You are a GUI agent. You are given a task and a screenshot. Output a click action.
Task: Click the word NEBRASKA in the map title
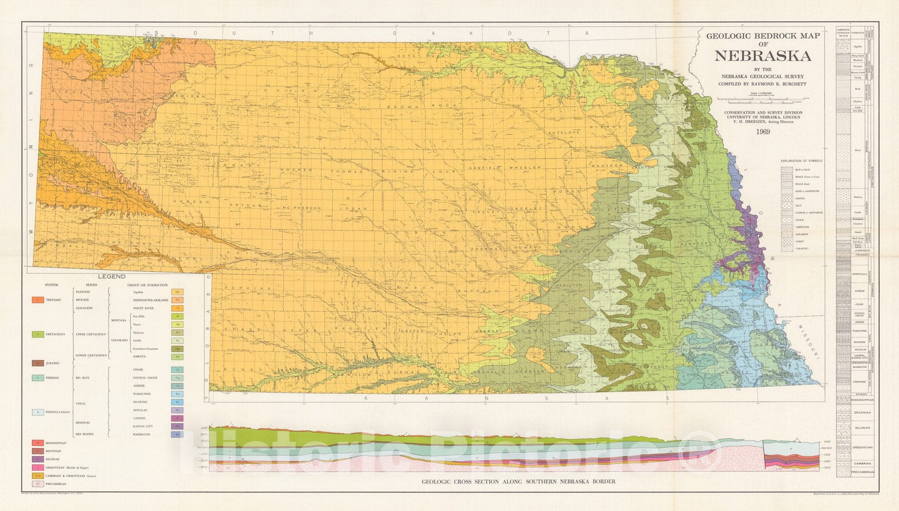(762, 56)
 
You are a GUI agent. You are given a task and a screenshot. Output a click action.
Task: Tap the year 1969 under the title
(762, 132)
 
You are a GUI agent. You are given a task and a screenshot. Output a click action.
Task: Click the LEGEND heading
(112, 276)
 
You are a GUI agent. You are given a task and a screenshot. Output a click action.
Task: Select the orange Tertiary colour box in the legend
(38, 300)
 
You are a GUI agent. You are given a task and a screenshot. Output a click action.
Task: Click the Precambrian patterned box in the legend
(38, 483)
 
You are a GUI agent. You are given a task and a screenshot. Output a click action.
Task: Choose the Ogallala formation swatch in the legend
(178, 292)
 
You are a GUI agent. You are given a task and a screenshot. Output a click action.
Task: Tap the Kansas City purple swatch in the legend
(178, 426)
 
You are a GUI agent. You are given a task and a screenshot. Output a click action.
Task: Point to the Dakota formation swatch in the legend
(178, 357)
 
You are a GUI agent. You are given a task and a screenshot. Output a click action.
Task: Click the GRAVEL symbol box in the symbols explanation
(787, 198)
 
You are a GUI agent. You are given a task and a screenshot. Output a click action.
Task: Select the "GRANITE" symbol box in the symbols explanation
(787, 248)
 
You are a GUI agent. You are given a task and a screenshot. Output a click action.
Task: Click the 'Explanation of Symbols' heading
(801, 161)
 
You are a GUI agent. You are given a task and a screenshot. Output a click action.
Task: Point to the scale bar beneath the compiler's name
(762, 102)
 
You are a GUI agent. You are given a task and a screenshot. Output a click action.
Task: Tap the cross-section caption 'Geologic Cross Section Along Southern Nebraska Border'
(518, 481)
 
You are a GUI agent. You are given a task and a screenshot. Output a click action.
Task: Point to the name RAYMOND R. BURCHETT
(782, 84)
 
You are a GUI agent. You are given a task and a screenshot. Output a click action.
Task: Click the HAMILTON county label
(569, 285)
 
